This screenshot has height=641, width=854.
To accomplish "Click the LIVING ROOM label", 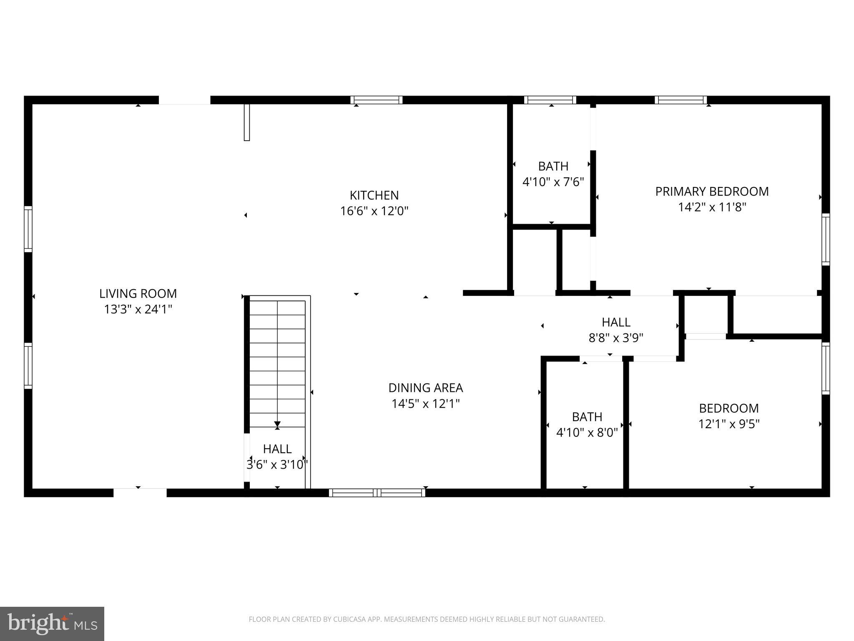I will (x=138, y=294).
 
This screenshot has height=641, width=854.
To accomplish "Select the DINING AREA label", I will (x=425, y=388).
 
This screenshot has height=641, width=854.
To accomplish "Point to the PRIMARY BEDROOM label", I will (x=712, y=192).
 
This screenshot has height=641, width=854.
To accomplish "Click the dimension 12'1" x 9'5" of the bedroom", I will (x=729, y=424).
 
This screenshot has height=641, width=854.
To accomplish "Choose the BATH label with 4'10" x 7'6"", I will (x=553, y=167).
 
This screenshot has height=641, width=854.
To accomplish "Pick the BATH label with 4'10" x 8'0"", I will (x=587, y=417).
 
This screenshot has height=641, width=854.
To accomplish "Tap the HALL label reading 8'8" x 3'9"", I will (x=616, y=322).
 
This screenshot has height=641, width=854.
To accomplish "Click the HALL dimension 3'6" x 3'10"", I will (x=277, y=464).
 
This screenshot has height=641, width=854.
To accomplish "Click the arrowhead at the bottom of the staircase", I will (x=277, y=425).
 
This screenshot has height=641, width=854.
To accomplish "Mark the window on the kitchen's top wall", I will (x=376, y=100).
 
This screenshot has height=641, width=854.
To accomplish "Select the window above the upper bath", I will (x=550, y=100).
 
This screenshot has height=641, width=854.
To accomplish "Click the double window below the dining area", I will (x=377, y=493).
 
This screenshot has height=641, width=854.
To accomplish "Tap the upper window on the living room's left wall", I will (x=28, y=229).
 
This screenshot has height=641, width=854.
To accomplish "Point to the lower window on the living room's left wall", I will (x=28, y=366).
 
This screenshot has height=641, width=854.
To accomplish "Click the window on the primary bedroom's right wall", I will (x=825, y=239).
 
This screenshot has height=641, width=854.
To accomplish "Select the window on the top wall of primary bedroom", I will (x=681, y=100).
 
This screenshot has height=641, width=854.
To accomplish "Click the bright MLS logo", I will (x=52, y=623).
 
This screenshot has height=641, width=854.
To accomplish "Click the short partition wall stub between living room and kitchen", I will (x=246, y=122).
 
